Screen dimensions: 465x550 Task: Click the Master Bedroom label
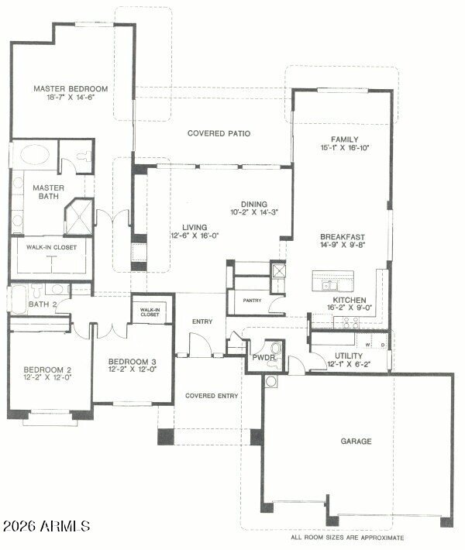click(x=71, y=89)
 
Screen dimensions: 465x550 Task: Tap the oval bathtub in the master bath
click(x=34, y=154)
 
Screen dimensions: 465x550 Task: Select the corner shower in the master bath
click(x=79, y=217)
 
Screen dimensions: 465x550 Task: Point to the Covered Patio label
click(x=219, y=133)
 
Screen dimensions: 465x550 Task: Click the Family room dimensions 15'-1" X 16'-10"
click(x=345, y=148)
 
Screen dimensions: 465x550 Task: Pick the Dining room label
click(x=254, y=204)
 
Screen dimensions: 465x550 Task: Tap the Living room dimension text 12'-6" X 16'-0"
click(x=195, y=235)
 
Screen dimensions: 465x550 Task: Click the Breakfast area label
click(x=343, y=237)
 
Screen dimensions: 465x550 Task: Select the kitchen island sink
click(x=329, y=285)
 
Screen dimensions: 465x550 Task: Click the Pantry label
click(x=253, y=301)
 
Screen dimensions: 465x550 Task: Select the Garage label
click(x=356, y=441)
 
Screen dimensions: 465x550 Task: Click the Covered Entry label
click(x=212, y=396)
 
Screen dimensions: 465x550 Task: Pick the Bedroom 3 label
click(x=133, y=361)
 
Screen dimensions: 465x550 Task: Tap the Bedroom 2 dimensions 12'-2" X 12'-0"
click(x=48, y=377)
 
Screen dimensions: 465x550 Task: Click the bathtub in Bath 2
click(x=19, y=298)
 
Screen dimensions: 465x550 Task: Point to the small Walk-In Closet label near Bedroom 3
click(x=150, y=312)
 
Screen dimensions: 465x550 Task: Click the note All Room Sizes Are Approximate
click(x=347, y=538)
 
